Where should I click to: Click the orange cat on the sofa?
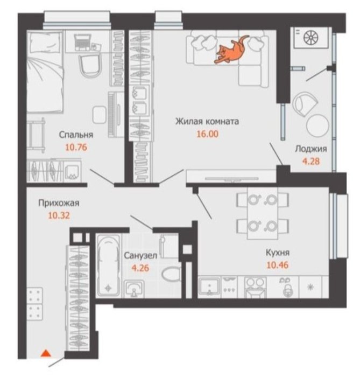tap(231, 51)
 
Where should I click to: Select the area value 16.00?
tap(208, 134)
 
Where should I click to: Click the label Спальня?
tap(76, 135)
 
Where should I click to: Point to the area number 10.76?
tap(76, 147)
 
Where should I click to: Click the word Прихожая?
tap(59, 203)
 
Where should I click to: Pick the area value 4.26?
tap(140, 268)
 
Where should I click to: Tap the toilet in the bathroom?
tap(171, 274)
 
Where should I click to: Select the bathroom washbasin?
tap(134, 289)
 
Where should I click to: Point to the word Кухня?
tap(277, 253)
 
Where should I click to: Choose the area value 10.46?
tap(277, 265)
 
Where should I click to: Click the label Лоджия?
tap(311, 149)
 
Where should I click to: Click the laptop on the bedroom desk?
tap(83, 42)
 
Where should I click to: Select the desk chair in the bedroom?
tap(90, 65)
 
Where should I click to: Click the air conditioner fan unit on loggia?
tap(311, 38)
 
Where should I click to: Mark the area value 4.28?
tap(311, 161)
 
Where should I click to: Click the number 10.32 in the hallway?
tap(59, 215)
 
